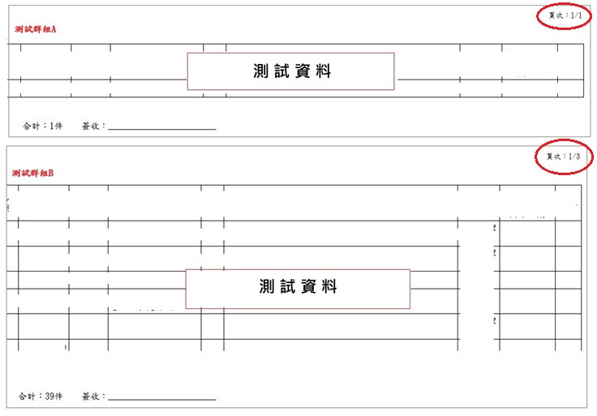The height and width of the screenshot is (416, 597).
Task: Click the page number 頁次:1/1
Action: pyautogui.click(x=564, y=16)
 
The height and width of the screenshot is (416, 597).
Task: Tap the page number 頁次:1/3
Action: pyautogui.click(x=563, y=157)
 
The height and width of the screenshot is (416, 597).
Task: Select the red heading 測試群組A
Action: pyautogui.click(x=35, y=29)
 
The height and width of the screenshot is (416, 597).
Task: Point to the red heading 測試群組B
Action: pyautogui.click(x=33, y=173)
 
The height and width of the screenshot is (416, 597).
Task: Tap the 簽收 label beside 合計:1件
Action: pyautogui.click(x=93, y=126)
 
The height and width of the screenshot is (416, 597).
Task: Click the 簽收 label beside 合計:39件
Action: pyautogui.click(x=93, y=397)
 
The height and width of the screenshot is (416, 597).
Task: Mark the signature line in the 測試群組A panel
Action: pyautogui.click(x=161, y=129)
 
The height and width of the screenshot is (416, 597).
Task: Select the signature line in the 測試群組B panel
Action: pyautogui.click(x=161, y=400)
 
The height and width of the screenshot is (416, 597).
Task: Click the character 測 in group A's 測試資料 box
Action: pyautogui.click(x=260, y=71)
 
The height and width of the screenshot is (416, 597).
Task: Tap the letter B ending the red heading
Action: pyautogui.click(x=51, y=173)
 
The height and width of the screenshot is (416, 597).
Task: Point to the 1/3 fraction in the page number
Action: pyautogui.click(x=574, y=157)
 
